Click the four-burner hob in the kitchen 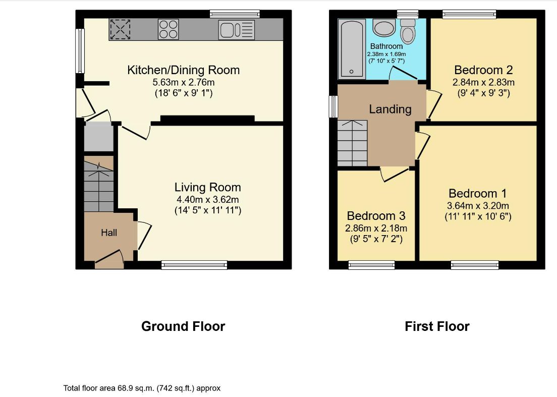point(169,29)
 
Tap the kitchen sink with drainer point(237,29)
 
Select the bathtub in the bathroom point(352,48)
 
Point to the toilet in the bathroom point(408,31)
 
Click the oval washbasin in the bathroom point(384,28)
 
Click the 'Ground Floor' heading point(183,326)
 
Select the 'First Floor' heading point(437,326)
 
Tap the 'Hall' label point(109,233)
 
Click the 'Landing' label point(390,109)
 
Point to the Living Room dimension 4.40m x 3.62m point(207,199)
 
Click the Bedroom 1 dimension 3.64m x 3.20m point(478,206)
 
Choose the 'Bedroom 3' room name point(376,215)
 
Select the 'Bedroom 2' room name point(483,70)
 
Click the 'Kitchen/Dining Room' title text point(183,70)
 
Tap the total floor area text point(142,388)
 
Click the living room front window point(194,265)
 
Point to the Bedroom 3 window point(371,265)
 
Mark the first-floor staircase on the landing point(352,143)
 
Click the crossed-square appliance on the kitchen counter point(120,29)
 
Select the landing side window point(333,106)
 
